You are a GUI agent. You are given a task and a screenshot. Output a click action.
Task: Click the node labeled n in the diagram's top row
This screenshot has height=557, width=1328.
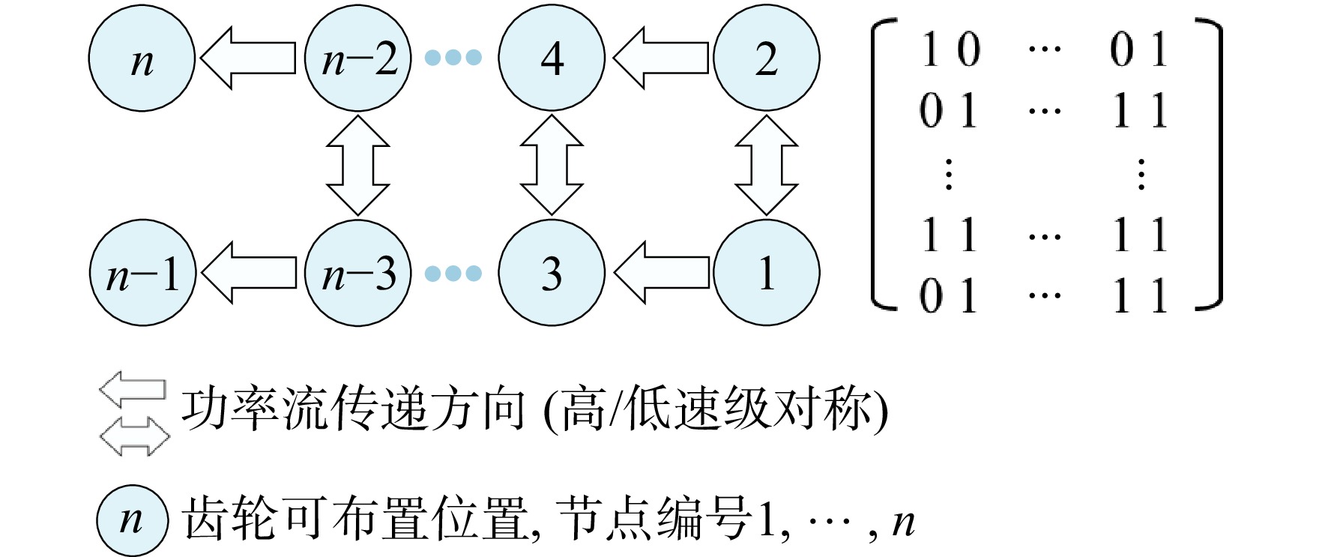coord(142,58)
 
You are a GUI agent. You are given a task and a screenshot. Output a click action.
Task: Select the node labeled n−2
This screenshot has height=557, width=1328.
coord(358,58)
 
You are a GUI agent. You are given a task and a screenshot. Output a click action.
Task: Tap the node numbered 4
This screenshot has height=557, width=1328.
coord(552,58)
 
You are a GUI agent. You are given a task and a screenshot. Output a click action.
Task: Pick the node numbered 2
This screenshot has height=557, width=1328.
coord(767,58)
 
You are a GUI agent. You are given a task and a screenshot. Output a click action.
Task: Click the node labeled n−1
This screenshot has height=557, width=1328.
coord(142,273)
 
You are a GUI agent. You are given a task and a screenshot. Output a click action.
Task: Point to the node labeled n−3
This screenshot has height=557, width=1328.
coord(358,273)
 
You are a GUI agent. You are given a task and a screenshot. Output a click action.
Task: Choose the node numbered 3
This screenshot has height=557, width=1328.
coord(552,273)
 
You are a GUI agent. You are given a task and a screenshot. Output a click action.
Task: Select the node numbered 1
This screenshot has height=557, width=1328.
coord(767,273)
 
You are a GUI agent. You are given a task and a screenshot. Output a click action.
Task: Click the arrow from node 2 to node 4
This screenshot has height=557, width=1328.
coord(660,58)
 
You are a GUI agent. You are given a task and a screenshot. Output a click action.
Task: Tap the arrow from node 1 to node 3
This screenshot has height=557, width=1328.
coord(661,273)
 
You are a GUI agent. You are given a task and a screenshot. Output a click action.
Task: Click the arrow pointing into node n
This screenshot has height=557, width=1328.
coord(248,58)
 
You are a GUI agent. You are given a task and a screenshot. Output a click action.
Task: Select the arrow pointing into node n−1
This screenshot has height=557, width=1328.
coord(249,273)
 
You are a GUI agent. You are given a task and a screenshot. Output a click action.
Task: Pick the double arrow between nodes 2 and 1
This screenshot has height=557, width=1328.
coord(767,166)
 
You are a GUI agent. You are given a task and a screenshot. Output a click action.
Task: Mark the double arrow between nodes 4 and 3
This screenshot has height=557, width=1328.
coord(552,166)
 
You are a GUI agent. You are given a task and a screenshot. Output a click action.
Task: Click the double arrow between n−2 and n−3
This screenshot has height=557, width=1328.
coord(358,166)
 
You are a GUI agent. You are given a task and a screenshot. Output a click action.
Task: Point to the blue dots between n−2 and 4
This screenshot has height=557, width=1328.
coord(453,58)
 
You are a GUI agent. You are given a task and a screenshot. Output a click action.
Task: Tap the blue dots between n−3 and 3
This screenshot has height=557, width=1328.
coord(453,273)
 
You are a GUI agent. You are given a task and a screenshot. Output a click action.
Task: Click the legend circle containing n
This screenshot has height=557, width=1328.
coord(132,521)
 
